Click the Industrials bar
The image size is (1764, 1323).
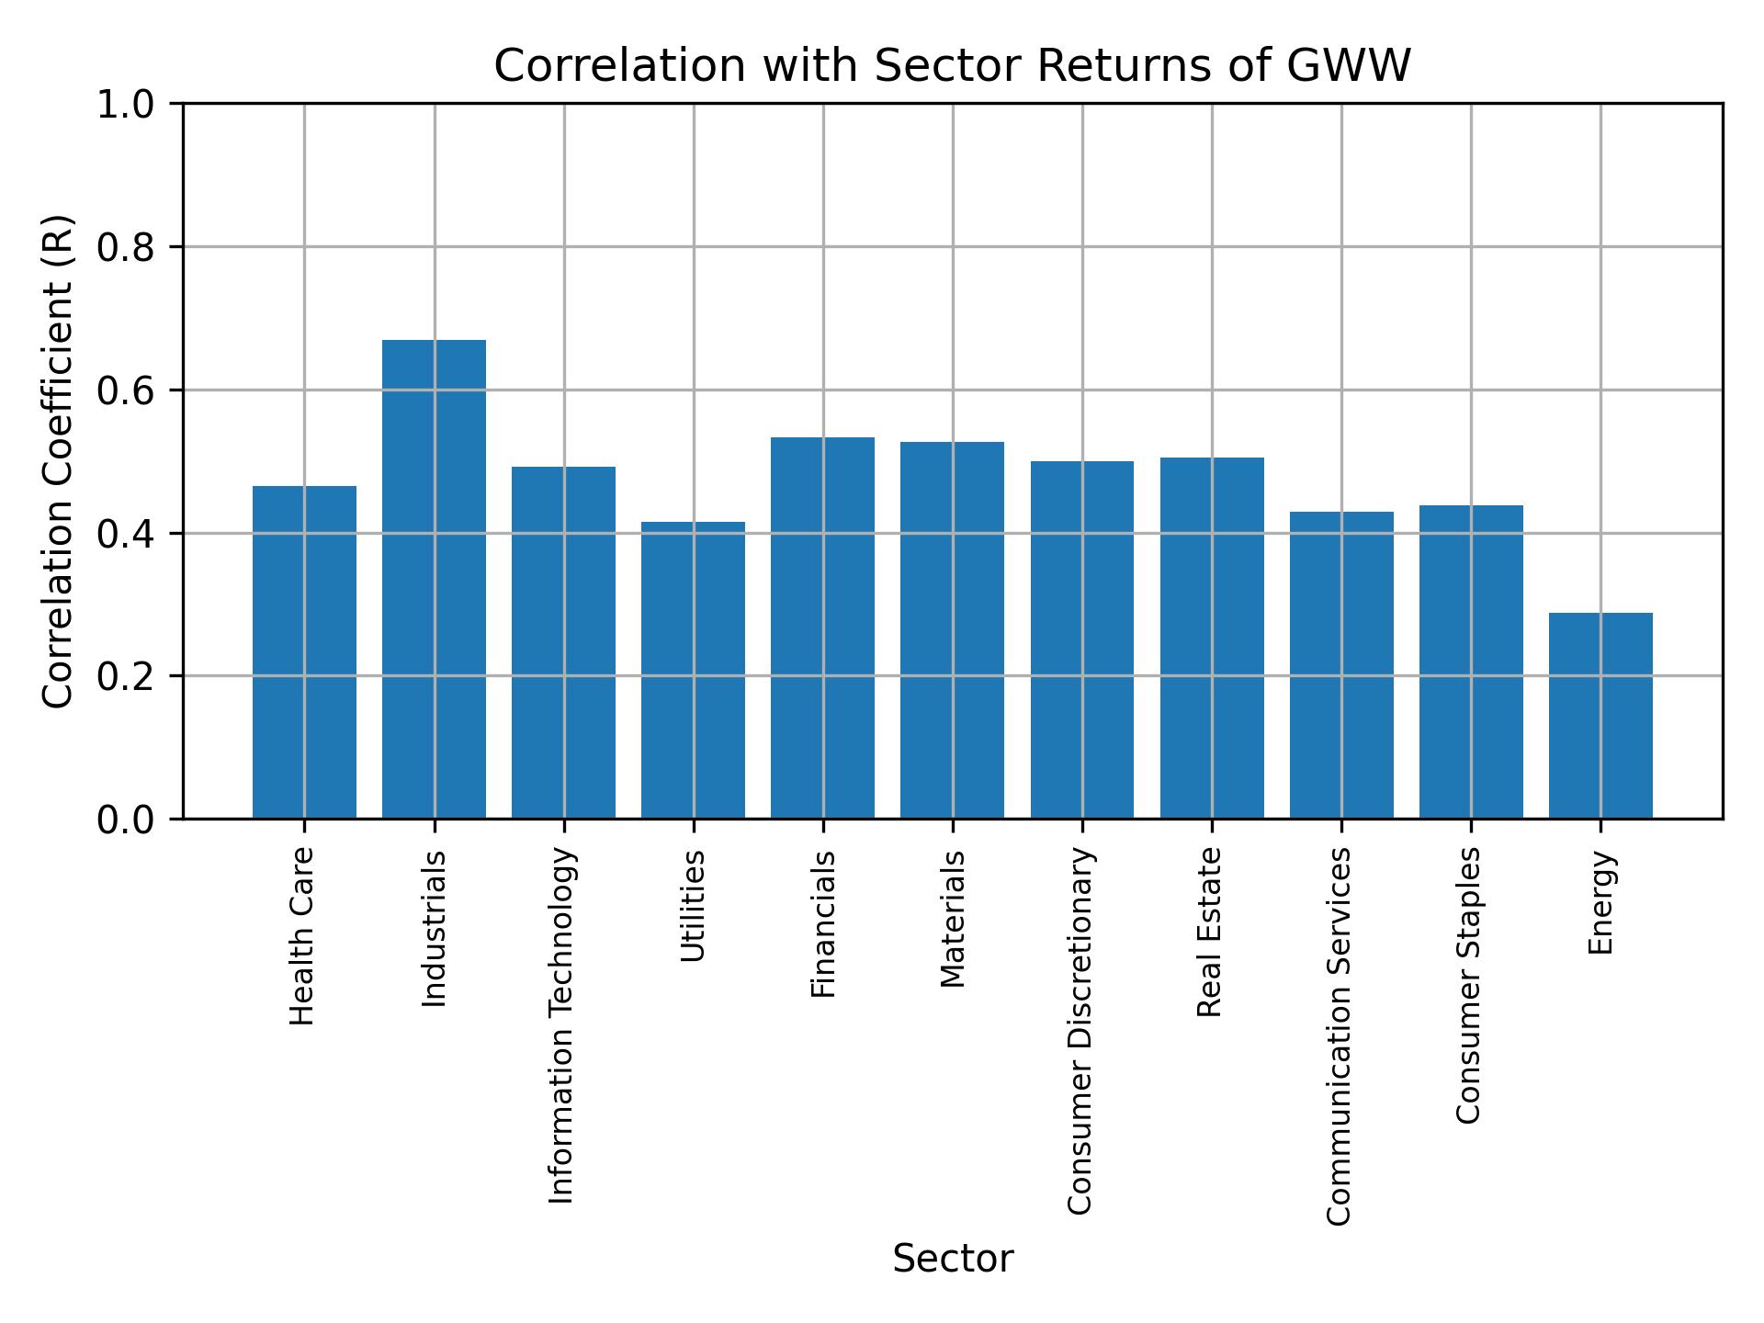point(434,579)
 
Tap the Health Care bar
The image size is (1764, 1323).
point(304,652)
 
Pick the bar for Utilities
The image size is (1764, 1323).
point(693,670)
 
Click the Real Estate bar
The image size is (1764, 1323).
point(1212,638)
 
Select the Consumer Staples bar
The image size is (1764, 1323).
point(1471,661)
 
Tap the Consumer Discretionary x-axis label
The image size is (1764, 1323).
point(1080,1030)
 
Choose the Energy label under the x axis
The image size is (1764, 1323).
point(1600,902)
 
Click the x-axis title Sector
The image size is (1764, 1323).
point(953,1260)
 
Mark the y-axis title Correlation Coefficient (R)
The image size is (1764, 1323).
point(57,461)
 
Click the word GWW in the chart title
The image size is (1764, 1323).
point(1349,66)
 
